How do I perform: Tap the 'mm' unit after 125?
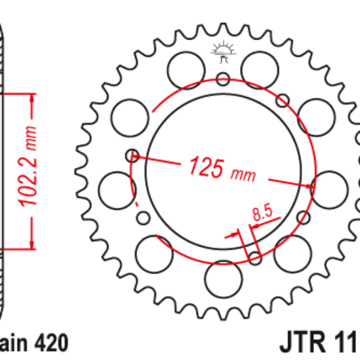(242, 173)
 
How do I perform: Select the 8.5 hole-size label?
(262, 212)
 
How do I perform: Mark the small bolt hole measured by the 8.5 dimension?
(254, 258)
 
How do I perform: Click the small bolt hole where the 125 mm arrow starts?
(132, 156)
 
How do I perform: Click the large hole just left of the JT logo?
(184, 69)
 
